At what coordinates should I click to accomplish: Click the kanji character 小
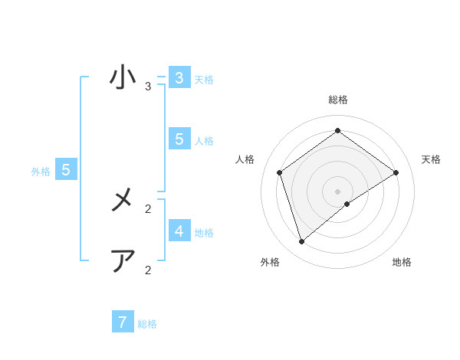[x=123, y=77]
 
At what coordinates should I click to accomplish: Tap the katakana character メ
[x=123, y=201]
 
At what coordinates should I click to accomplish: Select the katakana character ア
[x=123, y=261]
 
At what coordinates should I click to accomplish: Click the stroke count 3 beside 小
[x=148, y=87]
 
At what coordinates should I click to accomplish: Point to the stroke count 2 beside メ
[x=148, y=208]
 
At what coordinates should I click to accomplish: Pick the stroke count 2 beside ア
[x=148, y=270]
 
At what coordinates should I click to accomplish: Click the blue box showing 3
[x=179, y=78]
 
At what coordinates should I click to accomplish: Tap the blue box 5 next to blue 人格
[x=179, y=139]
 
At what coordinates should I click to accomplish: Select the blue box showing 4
[x=179, y=231]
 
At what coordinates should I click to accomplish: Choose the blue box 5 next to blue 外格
[x=66, y=170]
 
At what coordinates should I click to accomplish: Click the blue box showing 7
[x=123, y=322]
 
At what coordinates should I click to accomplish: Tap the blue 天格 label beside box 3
[x=204, y=79]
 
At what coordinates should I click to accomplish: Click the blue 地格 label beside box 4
[x=204, y=232]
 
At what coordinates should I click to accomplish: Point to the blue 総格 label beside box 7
[x=147, y=324]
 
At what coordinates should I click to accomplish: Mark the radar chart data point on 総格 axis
[x=337, y=130]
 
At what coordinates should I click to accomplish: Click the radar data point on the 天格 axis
[x=396, y=172]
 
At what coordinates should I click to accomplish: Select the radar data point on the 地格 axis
[x=347, y=204]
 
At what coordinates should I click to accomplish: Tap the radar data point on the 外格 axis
[x=302, y=242]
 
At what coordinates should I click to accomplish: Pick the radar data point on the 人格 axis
[x=280, y=172]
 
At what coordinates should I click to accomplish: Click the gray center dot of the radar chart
[x=337, y=191]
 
